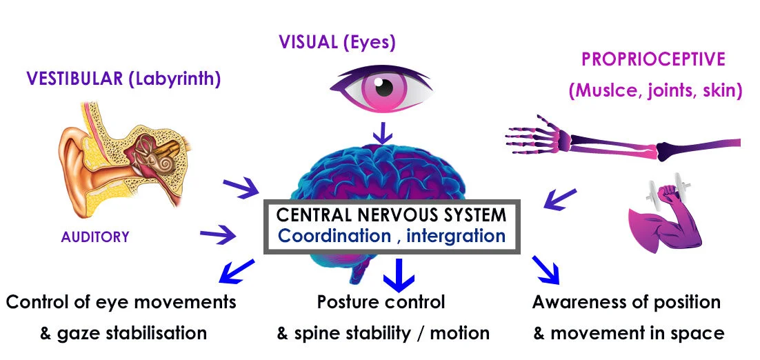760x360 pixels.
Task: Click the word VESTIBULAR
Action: pyautogui.click(x=74, y=79)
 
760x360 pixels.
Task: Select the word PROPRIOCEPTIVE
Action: pyautogui.click(x=653, y=59)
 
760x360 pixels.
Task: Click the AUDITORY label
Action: pyautogui.click(x=95, y=237)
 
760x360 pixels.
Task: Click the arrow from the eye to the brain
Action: pyautogui.click(x=381, y=131)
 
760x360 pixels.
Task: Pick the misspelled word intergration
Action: pyautogui.click(x=456, y=236)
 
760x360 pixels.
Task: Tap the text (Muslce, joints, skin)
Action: pyautogui.click(x=654, y=90)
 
